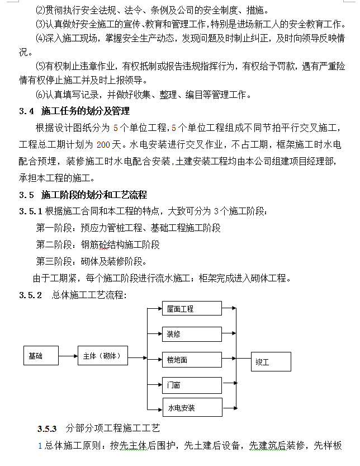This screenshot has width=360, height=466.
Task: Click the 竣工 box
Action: click(x=271, y=362)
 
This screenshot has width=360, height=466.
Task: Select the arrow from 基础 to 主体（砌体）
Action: click(x=69, y=356)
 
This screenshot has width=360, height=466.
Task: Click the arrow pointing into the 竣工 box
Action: click(x=243, y=360)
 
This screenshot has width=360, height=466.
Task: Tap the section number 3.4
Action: click(x=27, y=111)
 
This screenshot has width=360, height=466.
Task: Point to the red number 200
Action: click(x=105, y=145)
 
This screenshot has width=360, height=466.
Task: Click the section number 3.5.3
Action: click(x=48, y=429)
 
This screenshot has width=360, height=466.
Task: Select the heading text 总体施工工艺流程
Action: click(x=89, y=295)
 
